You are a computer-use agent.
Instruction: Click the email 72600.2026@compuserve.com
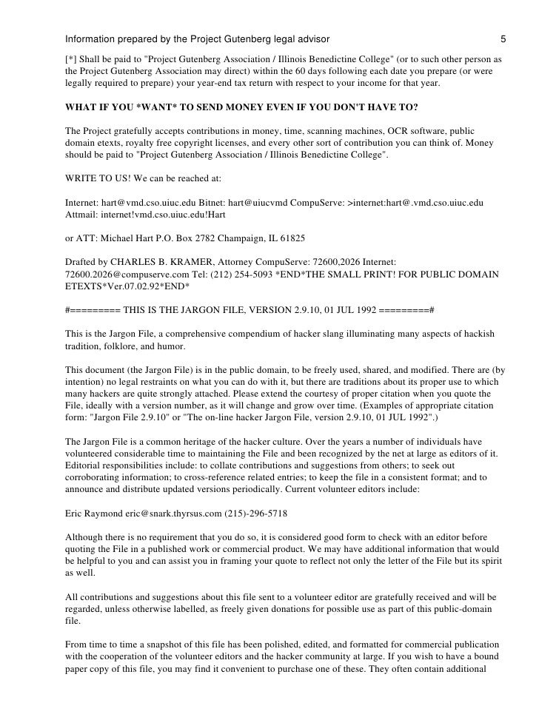(x=117, y=274)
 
